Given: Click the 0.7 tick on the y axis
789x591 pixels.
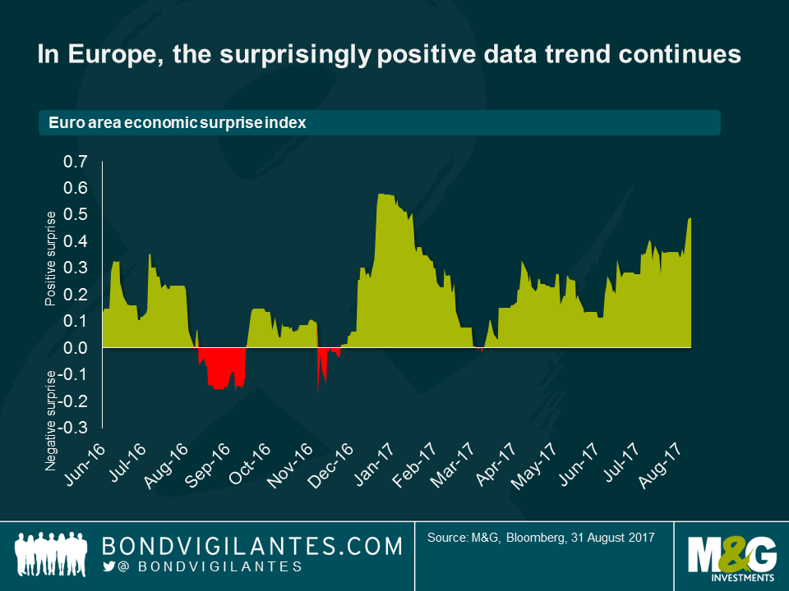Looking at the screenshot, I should [75, 163].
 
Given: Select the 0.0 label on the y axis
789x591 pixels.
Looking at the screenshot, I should [75, 348].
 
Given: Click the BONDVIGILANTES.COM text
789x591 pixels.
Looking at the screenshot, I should [251, 546].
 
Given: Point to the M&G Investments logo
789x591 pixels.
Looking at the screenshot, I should [728, 555].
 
